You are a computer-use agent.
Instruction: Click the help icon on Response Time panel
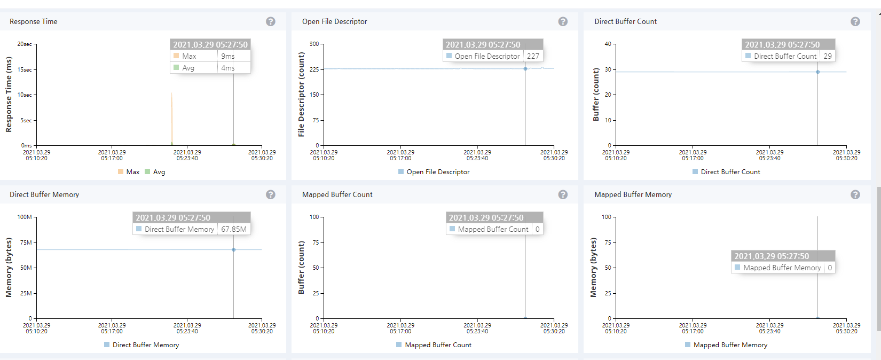pos(271,21)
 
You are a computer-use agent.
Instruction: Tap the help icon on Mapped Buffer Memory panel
pos(855,194)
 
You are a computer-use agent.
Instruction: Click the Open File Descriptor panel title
pos(334,21)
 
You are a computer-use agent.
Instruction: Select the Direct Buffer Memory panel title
pos(44,194)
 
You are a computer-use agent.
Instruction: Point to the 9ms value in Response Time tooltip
pos(228,56)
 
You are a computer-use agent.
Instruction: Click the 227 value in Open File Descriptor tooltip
pos(533,56)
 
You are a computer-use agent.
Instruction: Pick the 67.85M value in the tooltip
pos(234,229)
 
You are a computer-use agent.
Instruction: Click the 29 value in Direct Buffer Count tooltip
pos(828,56)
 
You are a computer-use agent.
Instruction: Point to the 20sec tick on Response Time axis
pos(25,44)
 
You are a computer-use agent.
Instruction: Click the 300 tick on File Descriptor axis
pos(314,44)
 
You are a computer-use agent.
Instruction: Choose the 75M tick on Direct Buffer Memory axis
pos(26,242)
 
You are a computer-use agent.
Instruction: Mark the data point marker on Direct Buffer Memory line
pos(233,249)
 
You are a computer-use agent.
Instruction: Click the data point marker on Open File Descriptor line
pos(525,68)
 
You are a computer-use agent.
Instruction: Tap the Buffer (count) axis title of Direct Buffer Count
pos(596,95)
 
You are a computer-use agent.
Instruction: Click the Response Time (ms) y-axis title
pos(9,95)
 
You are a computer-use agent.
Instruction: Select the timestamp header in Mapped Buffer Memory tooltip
pos(772,256)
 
